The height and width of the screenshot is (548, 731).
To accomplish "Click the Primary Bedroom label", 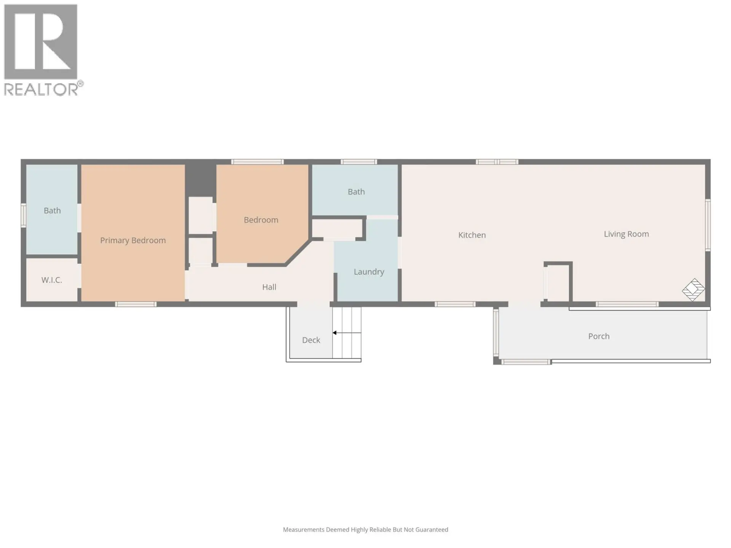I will [x=133, y=240].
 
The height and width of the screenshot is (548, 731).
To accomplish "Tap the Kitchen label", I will [x=472, y=235].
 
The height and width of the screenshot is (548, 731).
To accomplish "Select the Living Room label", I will [x=626, y=234].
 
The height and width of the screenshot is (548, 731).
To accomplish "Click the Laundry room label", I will [x=369, y=271].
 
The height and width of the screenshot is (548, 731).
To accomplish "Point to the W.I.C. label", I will [x=51, y=280].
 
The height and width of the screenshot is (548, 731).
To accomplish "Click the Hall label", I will [x=269, y=287].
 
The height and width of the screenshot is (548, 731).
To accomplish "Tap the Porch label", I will [x=599, y=336].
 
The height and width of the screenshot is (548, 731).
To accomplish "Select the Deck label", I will [x=311, y=340].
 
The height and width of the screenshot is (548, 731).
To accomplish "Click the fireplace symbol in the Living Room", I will [x=693, y=290].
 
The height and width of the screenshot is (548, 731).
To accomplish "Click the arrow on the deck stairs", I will [x=335, y=333].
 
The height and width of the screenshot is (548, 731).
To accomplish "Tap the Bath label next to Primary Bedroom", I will [x=52, y=210].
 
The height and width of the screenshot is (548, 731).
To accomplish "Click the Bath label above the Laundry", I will [x=356, y=191].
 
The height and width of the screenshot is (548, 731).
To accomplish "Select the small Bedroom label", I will [x=261, y=220].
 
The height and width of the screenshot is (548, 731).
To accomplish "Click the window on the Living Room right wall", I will [x=708, y=225].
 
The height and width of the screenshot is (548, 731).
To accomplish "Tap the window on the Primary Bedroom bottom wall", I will [x=136, y=304].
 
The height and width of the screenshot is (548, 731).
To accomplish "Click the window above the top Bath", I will [x=358, y=162].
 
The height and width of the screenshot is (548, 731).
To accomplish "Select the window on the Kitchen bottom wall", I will [x=455, y=304].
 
